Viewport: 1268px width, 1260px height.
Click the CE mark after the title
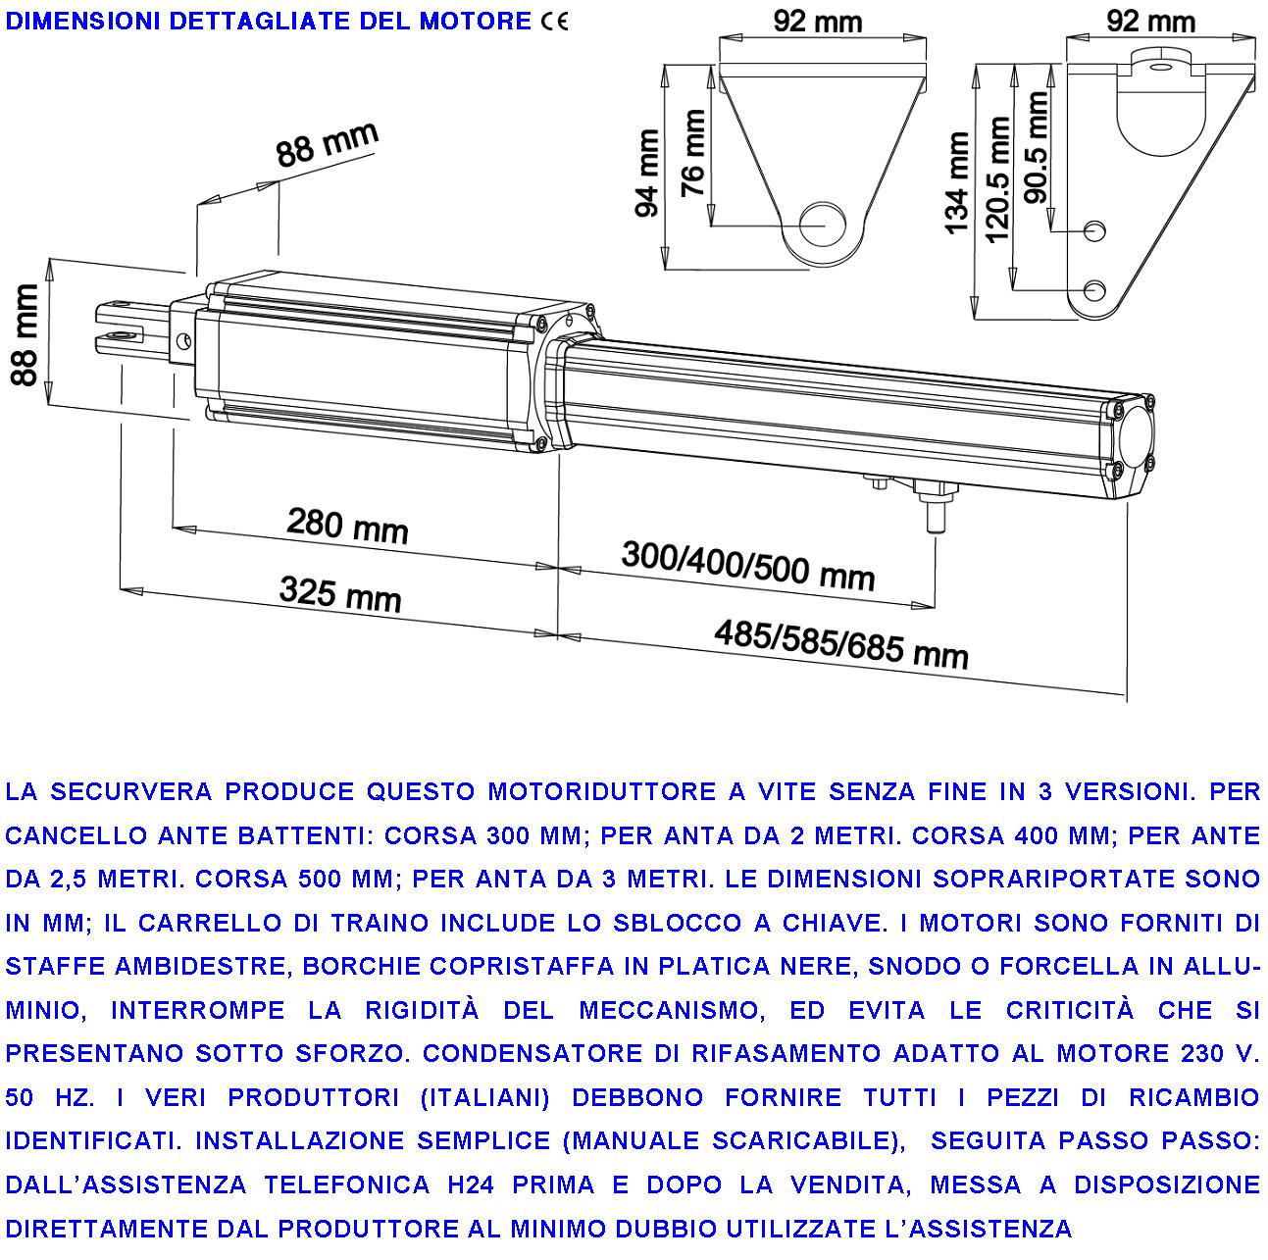553,22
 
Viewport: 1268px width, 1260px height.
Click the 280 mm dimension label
347,526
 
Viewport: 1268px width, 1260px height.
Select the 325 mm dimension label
340,593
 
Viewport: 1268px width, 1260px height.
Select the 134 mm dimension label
958,185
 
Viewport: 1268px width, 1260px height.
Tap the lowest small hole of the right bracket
1095,290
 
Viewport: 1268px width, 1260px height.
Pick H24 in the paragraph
471,1184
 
